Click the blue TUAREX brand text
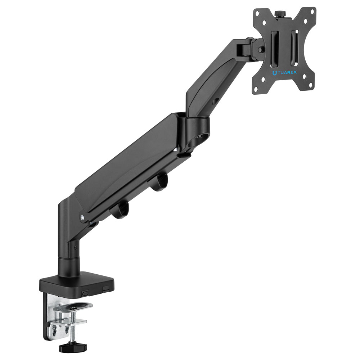click(x=284, y=73)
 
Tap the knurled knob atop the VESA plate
click(x=279, y=14)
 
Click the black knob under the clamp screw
click(x=73, y=347)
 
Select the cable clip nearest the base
click(x=120, y=210)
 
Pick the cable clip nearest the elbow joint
click(x=158, y=182)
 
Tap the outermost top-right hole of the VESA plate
click(x=312, y=10)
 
